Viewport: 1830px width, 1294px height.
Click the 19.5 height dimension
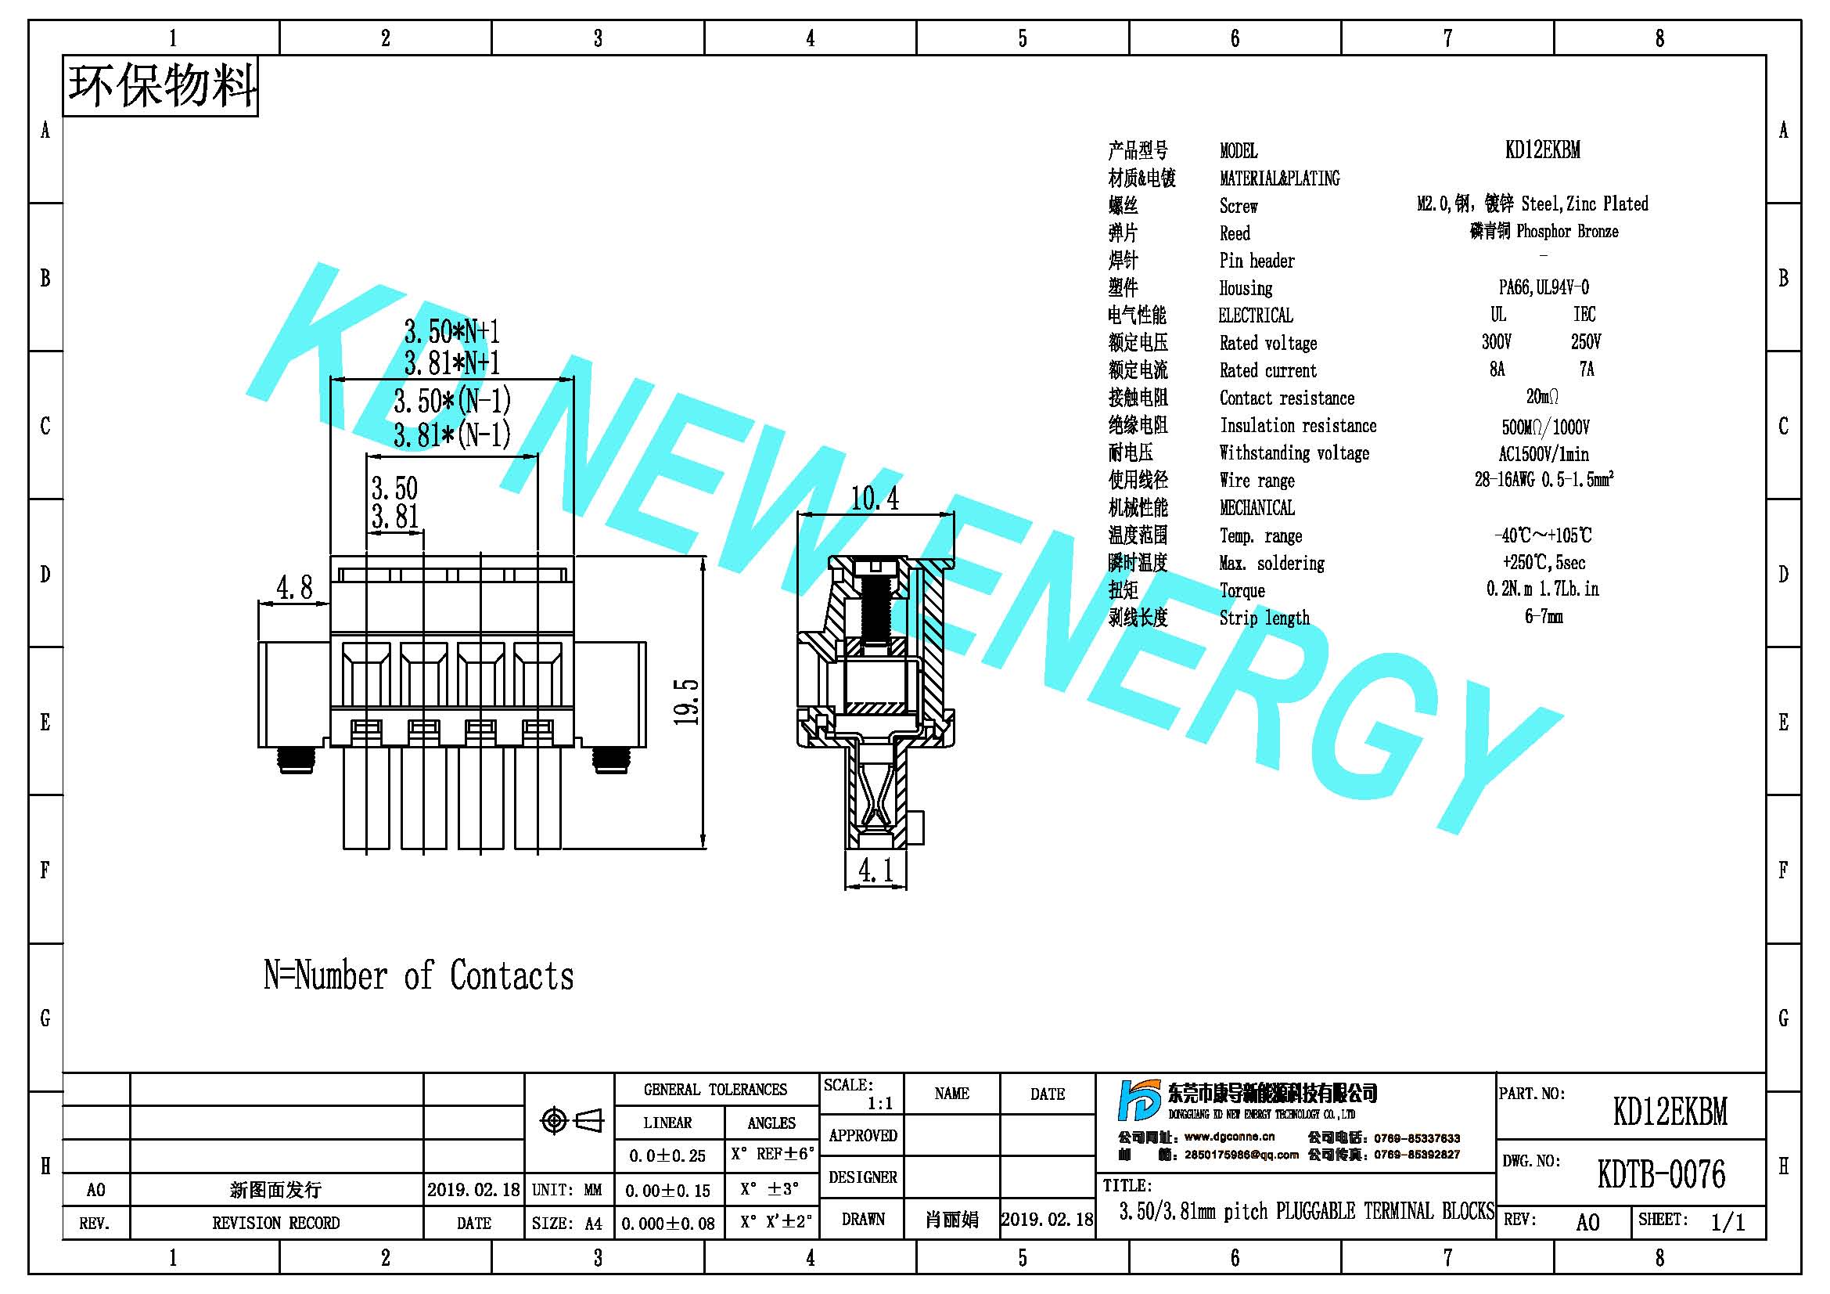pyautogui.click(x=686, y=701)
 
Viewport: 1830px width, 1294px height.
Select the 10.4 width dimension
pyautogui.click(x=875, y=499)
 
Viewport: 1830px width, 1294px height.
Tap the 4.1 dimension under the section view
pyautogui.click(x=875, y=870)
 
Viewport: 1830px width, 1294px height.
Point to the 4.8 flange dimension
pyautogui.click(x=294, y=588)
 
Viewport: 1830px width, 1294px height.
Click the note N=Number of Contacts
pyautogui.click(x=419, y=975)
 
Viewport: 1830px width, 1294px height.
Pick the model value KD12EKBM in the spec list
pyautogui.click(x=1542, y=150)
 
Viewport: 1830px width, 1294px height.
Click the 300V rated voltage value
pyautogui.click(x=1496, y=342)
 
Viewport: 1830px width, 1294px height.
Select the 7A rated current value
pyautogui.click(x=1586, y=369)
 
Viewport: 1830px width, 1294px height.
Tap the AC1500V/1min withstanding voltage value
pyautogui.click(x=1543, y=454)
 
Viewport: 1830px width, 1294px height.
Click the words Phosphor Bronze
pyautogui.click(x=1567, y=231)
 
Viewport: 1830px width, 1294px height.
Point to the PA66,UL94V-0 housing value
pyautogui.click(x=1543, y=287)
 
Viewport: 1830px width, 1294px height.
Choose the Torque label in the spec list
pyautogui.click(x=1242, y=591)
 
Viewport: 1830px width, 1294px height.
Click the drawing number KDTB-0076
pyautogui.click(x=1661, y=1174)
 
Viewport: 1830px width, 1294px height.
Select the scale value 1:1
pyautogui.click(x=880, y=1104)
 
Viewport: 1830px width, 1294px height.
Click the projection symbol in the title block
pyautogui.click(x=571, y=1120)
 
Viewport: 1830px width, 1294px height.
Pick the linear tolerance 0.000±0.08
pyautogui.click(x=668, y=1224)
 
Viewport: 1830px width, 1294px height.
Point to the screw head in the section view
pyautogui.click(x=875, y=568)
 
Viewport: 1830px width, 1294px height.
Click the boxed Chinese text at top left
pyautogui.click(x=161, y=86)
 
